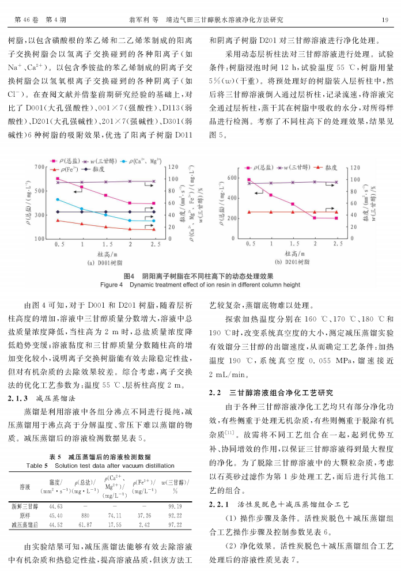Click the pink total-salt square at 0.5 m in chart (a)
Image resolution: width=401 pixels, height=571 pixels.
point(58,179)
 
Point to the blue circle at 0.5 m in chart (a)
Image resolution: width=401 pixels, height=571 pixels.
point(58,199)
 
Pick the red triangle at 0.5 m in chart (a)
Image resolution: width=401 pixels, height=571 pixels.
point(58,220)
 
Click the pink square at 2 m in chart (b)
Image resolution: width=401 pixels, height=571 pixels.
point(315,218)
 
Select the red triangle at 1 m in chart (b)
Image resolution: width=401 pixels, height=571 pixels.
point(271,212)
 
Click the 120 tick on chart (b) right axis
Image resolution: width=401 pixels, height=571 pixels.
point(354,167)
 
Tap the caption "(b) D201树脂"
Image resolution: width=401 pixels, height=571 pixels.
point(293,262)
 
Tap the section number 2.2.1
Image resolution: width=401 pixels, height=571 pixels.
point(220,489)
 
